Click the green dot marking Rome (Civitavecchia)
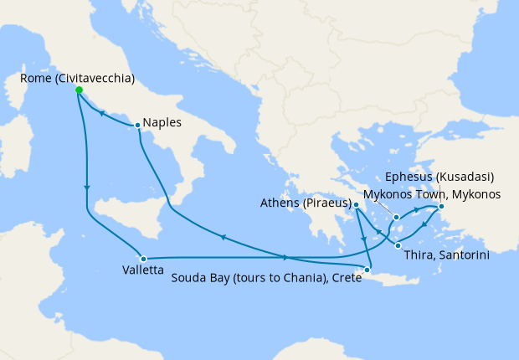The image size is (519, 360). [79, 90]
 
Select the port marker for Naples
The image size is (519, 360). [137, 126]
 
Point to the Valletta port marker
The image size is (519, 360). [144, 259]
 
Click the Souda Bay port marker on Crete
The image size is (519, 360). [367, 270]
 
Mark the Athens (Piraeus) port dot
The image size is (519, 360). [357, 204]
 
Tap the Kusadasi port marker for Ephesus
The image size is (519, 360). [441, 207]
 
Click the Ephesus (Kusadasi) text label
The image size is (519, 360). [439, 177]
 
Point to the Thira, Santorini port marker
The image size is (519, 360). [398, 244]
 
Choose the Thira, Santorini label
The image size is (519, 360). [446, 254]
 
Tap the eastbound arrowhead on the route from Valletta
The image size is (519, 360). [286, 257]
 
